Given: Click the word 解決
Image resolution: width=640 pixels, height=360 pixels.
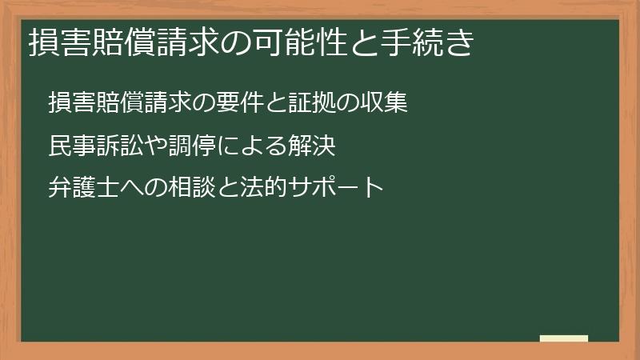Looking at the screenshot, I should coord(314,147).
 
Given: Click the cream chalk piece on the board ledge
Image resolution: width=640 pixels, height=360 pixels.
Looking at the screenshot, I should coord(564,338).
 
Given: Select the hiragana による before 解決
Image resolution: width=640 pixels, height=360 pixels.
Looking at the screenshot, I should coord(254,147).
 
